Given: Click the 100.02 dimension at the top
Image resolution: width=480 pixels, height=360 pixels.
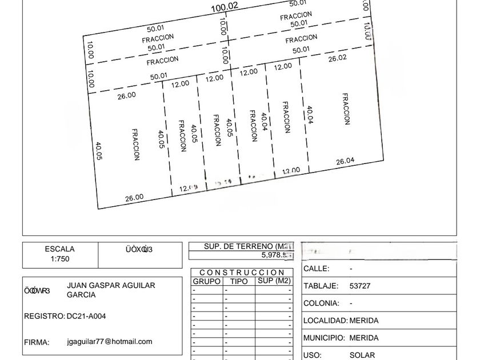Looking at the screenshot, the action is pos(224,7).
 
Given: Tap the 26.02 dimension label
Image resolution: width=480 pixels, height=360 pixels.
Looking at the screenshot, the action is pos(337,58).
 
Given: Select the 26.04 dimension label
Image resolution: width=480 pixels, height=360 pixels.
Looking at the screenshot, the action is pos(345,162).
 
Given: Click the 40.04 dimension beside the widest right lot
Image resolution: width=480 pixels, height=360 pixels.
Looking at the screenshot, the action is pos(310,115).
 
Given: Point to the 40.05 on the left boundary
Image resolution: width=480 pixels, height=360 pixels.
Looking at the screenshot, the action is pos(98,152).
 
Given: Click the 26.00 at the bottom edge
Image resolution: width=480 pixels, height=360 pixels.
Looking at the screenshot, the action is pos(134,198).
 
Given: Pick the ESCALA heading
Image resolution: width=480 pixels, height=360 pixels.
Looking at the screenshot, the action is pos(59,249).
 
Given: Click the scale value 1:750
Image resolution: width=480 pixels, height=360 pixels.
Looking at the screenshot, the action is pos(59,259).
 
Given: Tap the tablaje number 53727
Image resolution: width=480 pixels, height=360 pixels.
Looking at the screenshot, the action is pos(359,286).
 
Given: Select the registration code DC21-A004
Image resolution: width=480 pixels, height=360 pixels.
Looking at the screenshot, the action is pos(86,316).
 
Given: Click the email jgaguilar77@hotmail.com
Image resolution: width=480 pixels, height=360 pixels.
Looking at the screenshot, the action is pos(109,342).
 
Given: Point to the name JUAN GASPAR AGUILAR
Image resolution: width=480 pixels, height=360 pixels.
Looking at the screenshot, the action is pos(111,285).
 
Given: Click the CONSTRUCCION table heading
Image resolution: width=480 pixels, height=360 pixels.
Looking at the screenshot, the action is pos(242,273).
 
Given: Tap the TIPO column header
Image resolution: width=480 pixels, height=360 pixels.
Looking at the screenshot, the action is pos(239,281).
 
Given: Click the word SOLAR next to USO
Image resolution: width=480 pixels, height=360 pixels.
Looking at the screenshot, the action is pos(362,355).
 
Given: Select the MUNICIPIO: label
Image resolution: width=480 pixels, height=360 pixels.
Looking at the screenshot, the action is pos(324,338).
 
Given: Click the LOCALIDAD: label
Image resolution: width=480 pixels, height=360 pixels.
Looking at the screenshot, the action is pos(325,321).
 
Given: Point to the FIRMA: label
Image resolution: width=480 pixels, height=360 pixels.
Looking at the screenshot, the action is pos(37,343).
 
